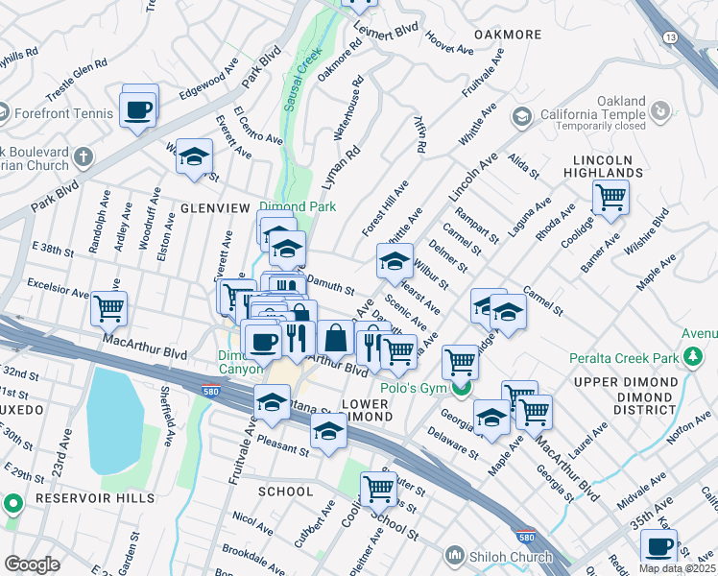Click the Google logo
click(x=32, y=564)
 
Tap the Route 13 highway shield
click(x=669, y=36)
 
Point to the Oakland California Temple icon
click(x=522, y=117)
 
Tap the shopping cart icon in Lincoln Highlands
click(x=610, y=198)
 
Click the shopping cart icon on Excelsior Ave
click(x=108, y=309)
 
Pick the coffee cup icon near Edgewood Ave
click(x=138, y=108)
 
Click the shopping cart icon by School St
click(x=378, y=489)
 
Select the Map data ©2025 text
click(x=678, y=568)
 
